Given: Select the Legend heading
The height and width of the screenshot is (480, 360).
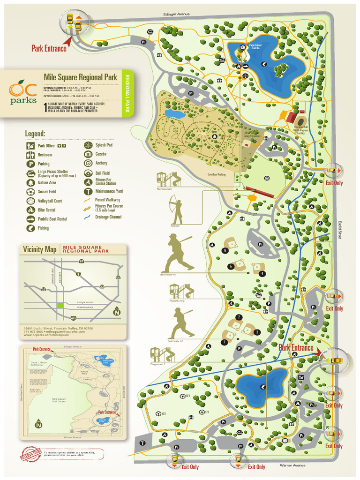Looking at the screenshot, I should point(35,134).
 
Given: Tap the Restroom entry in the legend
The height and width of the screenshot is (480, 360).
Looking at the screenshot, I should point(45,155).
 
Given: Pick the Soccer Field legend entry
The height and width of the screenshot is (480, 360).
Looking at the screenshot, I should point(47,192).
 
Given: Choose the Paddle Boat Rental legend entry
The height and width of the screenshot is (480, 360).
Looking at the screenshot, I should point(52,219).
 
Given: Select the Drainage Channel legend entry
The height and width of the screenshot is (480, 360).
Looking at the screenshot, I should point(108,217).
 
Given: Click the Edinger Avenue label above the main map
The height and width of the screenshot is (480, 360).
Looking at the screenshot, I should point(176,15).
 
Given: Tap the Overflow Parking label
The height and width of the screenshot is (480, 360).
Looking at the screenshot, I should point(217,174).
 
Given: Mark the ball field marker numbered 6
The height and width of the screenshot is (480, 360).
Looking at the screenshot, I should point(225,250).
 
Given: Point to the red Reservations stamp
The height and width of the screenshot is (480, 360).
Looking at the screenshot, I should point(29,454).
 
